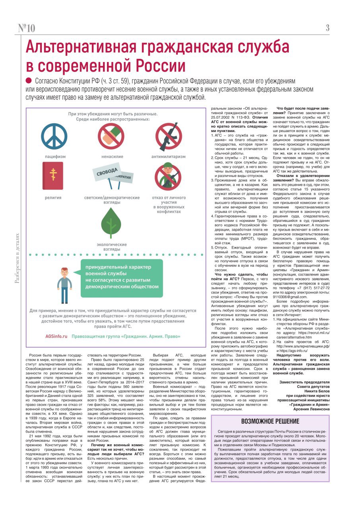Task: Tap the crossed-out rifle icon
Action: [x=168, y=136]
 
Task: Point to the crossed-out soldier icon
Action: [x=168, y=176]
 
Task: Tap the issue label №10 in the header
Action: [x=27, y=28]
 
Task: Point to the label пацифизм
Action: [x=55, y=157]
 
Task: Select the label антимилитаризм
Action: [x=168, y=157]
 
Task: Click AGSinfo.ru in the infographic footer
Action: [x=56, y=336]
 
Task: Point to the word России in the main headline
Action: [x=159, y=64]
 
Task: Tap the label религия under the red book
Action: [x=53, y=197]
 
